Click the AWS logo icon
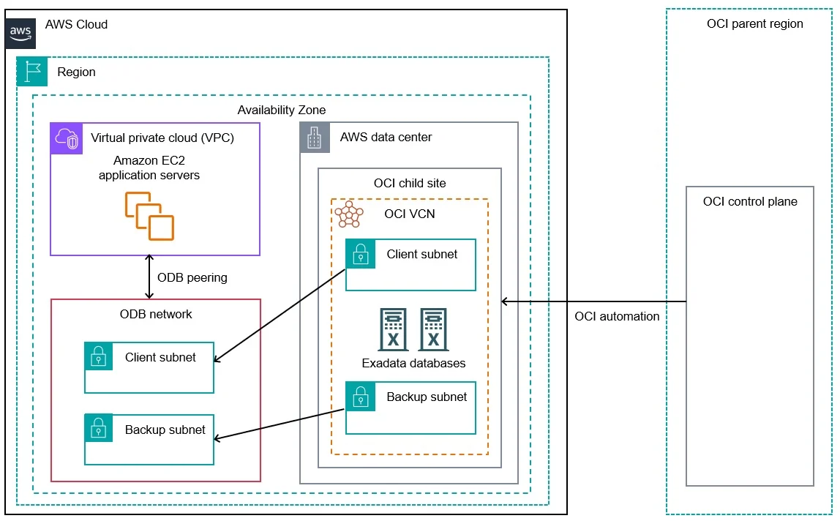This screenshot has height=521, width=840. (x=20, y=33)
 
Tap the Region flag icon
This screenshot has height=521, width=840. (x=32, y=71)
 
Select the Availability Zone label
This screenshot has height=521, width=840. (x=281, y=110)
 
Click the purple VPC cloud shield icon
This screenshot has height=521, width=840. (x=67, y=138)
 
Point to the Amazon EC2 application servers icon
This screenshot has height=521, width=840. (x=149, y=216)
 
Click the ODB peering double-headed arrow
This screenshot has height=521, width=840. (x=149, y=277)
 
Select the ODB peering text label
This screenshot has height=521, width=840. (x=192, y=277)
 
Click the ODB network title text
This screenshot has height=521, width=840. (x=156, y=314)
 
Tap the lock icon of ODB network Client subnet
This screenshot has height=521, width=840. (x=99, y=356)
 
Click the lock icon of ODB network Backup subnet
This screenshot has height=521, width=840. (x=99, y=428)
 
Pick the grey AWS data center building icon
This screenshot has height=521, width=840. (x=315, y=138)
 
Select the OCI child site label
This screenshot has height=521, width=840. (x=410, y=184)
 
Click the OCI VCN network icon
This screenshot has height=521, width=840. (x=349, y=214)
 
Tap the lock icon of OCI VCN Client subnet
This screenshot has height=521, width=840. (x=361, y=253)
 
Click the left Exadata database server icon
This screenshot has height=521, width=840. (x=393, y=329)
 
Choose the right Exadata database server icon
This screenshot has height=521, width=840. (x=433, y=329)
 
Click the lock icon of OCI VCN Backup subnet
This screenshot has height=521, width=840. (x=361, y=396)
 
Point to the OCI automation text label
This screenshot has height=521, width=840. (x=617, y=316)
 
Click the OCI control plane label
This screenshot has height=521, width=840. (x=750, y=201)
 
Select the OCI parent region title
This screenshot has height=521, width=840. (x=755, y=23)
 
